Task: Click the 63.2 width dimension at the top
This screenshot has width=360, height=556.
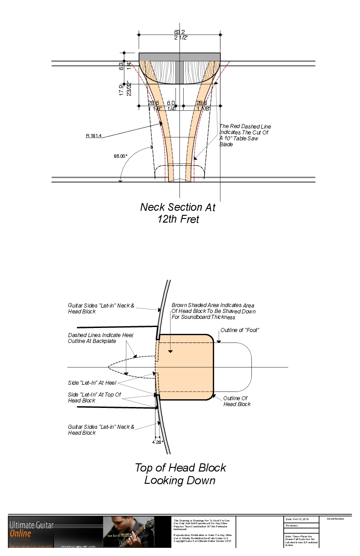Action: coord(180,32)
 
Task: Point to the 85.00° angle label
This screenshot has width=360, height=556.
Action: coord(120,156)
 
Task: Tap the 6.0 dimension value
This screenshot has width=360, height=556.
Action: coord(171,103)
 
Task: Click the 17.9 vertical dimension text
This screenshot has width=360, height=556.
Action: coord(121,89)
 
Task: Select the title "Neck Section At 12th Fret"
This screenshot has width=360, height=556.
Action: coord(177,213)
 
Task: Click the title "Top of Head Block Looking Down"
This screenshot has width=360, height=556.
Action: coord(180,474)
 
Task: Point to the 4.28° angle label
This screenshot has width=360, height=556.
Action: coord(157,441)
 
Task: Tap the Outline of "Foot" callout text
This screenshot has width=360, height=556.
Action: coord(240,330)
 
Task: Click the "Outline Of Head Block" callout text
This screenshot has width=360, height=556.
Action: coord(237,401)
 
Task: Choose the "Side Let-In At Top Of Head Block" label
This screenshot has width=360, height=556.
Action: coord(94,397)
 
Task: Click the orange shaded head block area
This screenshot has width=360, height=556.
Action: coord(186,368)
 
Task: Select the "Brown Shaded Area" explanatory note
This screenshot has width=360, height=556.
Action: coord(213,311)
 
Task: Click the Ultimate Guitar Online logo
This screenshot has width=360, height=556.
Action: coord(32,529)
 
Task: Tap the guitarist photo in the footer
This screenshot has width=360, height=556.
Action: coord(129,532)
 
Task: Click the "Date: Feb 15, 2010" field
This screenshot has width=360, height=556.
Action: coord(297,519)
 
